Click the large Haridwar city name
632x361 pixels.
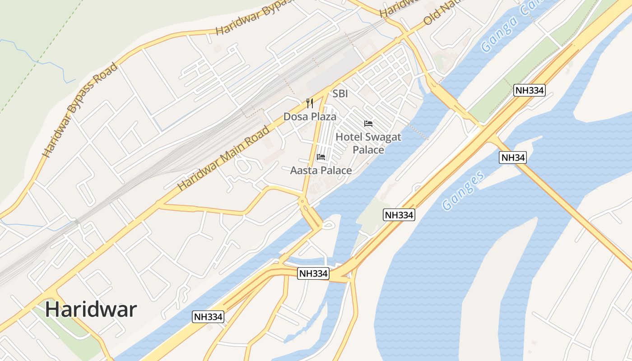click(91, 310)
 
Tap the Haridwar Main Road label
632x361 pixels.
click(223, 157)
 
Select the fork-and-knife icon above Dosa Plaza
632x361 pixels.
click(310, 103)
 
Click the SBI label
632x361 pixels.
click(340, 94)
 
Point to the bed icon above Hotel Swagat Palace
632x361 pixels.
click(368, 123)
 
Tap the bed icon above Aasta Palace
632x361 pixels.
click(321, 157)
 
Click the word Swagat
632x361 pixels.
click(381, 137)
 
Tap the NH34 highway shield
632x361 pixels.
click(513, 157)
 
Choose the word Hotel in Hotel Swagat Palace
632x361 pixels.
click(349, 137)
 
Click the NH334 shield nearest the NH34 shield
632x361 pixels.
click(530, 91)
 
